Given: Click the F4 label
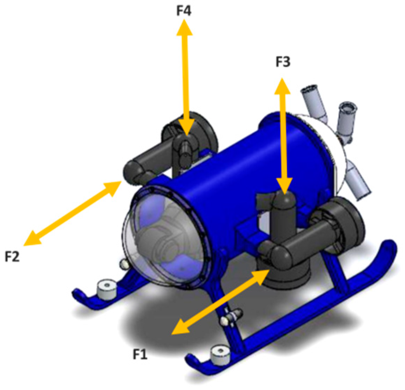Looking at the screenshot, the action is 184,11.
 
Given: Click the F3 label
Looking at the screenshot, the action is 283,62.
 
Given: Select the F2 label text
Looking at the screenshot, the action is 12,257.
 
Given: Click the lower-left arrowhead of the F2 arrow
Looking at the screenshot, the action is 32,238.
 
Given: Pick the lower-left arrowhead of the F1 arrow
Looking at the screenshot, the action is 180,328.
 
